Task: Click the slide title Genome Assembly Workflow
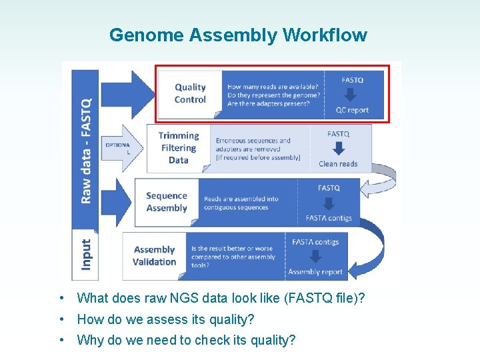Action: (238, 35)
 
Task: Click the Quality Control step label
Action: (190, 93)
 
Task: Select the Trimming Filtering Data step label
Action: (178, 147)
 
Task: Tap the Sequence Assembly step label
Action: (166, 201)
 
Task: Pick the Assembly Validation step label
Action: (154, 255)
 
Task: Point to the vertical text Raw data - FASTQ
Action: (86, 150)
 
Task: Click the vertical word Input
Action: (86, 254)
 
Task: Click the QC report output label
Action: (352, 110)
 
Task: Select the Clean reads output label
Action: (338, 164)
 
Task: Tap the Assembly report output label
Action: (315, 272)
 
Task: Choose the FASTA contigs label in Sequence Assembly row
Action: (329, 218)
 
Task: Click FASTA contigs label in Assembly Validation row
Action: (315, 242)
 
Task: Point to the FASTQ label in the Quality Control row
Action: (352, 80)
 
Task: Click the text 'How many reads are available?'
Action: (273, 87)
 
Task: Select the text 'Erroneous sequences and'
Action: (253, 141)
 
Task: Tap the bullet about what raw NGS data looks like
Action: (221, 298)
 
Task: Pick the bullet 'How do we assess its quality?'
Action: (165, 319)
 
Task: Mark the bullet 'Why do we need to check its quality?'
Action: (186, 340)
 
